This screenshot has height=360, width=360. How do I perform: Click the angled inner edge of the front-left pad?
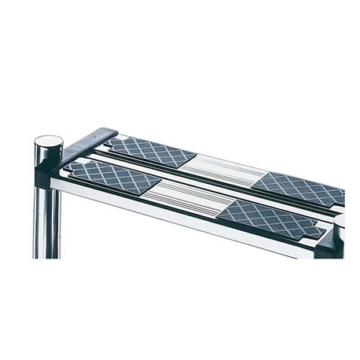point(156,187)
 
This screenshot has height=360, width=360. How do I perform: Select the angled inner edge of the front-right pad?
point(230,208)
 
